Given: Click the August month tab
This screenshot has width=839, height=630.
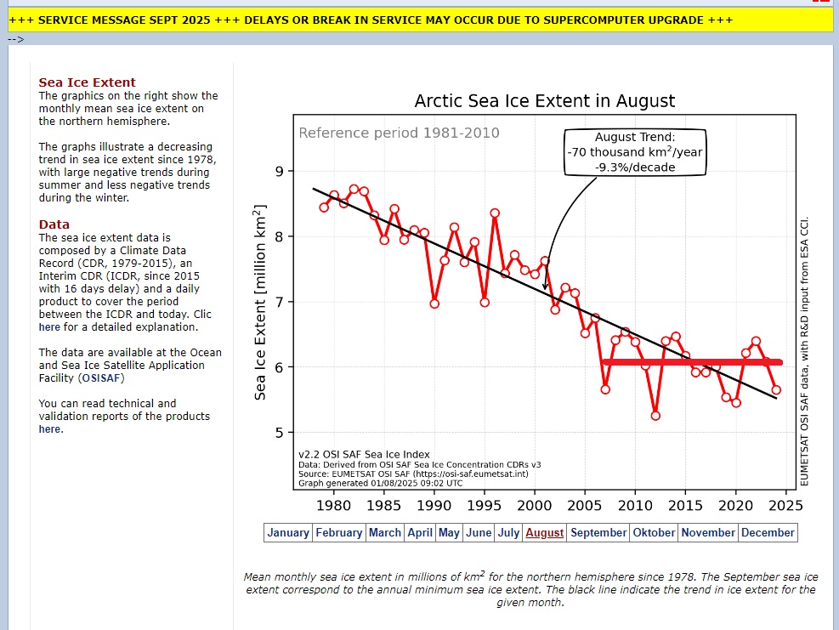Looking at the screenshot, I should [545, 533].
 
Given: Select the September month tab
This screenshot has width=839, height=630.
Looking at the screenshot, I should [598, 533].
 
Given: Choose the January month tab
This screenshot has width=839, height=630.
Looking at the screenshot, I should [288, 533].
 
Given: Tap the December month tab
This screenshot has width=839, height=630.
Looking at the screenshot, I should [768, 533].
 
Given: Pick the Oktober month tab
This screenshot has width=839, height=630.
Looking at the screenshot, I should [654, 533].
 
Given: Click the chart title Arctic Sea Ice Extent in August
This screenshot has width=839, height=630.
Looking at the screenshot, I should [544, 101].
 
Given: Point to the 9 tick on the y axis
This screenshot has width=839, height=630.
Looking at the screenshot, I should [279, 172].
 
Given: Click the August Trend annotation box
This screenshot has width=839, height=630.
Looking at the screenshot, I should [635, 152].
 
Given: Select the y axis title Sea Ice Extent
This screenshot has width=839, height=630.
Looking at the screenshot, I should [261, 303].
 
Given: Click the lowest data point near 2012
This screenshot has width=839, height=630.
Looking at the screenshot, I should [655, 416].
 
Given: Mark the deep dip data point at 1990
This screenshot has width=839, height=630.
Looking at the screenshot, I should [434, 304].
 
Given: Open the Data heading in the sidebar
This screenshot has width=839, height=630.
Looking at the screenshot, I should [54, 224].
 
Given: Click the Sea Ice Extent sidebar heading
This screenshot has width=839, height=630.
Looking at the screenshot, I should [87, 82].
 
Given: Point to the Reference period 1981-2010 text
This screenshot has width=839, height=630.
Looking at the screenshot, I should [399, 133].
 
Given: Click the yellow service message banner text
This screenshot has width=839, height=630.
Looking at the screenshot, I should [370, 20].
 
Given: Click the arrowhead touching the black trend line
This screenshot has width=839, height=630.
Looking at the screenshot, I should [545, 287].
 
